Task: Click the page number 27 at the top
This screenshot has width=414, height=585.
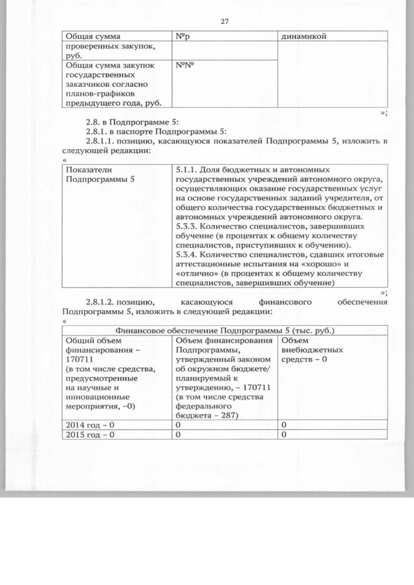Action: [x=225, y=21]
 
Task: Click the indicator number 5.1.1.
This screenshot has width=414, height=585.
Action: [x=188, y=170]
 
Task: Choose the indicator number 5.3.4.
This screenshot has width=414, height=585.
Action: [x=188, y=255]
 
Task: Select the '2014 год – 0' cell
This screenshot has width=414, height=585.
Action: [x=91, y=424]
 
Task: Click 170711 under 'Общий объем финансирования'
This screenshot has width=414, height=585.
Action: [x=78, y=359]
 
